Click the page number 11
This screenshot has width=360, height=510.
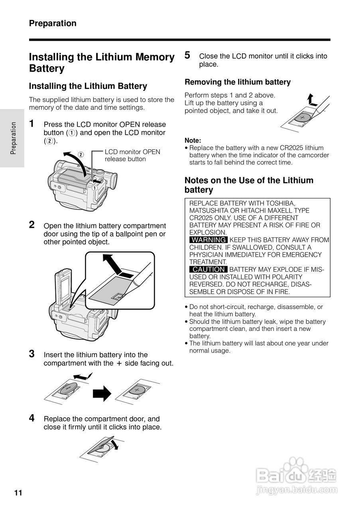18,493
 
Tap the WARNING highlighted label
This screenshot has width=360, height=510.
209,240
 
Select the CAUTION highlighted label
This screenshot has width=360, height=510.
209,270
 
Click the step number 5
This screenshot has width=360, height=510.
187,55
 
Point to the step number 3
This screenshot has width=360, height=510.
32,354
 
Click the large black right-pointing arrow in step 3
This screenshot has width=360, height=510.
102,393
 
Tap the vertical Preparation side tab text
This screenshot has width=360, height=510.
13,138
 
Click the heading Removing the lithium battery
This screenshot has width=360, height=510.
238,82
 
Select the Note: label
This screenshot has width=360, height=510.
193,140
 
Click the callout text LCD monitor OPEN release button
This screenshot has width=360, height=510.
132,155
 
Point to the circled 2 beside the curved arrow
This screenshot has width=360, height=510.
81,155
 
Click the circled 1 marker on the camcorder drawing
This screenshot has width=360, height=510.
94,187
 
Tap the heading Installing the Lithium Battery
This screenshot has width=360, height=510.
88,86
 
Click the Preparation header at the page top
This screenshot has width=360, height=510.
53,24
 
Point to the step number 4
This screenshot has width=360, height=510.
32,418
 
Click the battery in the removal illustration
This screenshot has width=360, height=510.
302,118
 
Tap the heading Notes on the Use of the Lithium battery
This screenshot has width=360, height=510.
249,185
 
